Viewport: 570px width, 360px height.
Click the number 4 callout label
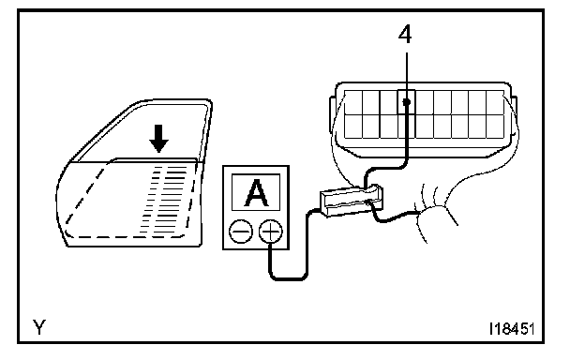(405, 35)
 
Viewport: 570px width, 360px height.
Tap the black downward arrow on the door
(158, 139)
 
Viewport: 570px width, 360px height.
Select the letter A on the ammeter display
(256, 193)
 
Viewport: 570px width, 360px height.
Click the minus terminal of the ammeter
(241, 232)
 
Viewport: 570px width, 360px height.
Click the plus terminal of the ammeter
(270, 232)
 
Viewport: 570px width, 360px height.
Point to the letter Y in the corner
(39, 327)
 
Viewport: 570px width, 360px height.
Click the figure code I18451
(512, 329)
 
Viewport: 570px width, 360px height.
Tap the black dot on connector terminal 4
(407, 102)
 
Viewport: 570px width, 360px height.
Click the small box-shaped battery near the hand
(351, 201)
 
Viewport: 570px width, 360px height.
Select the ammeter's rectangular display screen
(256, 192)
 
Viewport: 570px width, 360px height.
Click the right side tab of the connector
(514, 115)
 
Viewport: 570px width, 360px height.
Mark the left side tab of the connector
(333, 115)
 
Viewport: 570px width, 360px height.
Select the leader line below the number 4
(407, 76)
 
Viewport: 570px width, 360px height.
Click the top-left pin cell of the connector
(353, 102)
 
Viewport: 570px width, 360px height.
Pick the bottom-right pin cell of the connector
(495, 127)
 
